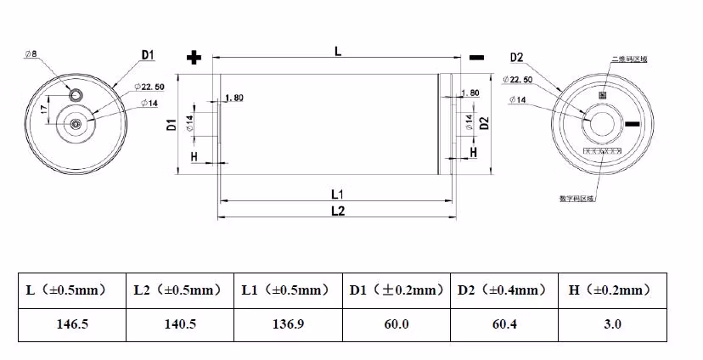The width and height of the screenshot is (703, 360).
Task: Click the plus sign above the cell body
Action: point(194,58)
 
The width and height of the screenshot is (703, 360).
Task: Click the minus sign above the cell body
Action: point(476,58)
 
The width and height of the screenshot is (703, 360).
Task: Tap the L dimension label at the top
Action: point(338,52)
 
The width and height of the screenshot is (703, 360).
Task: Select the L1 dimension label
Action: point(335,194)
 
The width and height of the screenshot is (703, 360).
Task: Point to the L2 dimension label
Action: point(336,211)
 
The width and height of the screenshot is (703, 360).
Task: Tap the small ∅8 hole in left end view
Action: point(77,93)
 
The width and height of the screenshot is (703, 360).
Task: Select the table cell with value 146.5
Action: point(71,324)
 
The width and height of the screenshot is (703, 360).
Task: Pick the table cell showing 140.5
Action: point(179,324)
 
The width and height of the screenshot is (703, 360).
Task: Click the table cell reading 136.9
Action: point(286,324)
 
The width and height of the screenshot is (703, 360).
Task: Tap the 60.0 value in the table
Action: point(395,324)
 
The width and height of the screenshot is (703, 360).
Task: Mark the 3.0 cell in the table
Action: point(610,324)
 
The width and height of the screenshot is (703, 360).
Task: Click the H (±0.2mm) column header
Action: point(610,290)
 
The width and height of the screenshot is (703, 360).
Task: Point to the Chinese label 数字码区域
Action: point(577,199)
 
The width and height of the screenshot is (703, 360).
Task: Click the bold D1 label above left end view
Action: point(146,55)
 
